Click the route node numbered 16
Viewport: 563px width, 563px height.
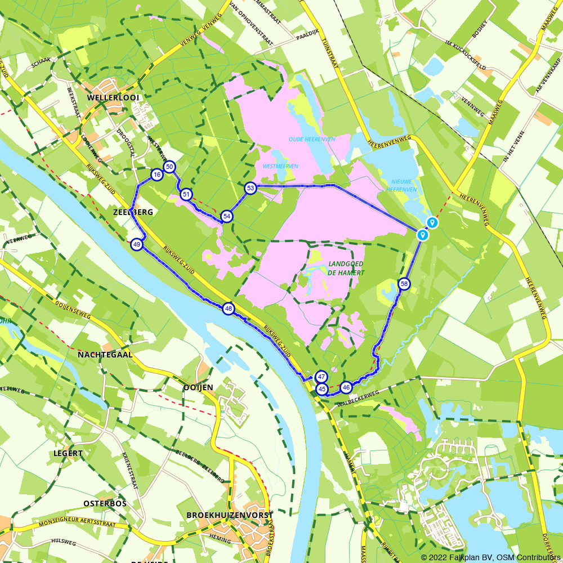coord(157,175)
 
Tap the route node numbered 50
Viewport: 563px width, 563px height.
coord(169,167)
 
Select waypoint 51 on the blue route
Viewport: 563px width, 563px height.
coord(186,195)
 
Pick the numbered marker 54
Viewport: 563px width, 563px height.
coord(227,216)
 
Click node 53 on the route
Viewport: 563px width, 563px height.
coord(251,188)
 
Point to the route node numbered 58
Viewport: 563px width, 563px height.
coord(404,284)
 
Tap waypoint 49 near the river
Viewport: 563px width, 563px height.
coord(136,244)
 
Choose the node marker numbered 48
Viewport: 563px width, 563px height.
coord(228,309)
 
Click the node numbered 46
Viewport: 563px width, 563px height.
coord(346,387)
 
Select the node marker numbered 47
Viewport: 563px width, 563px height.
coord(321,377)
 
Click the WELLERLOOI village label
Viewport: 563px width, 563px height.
coord(113,97)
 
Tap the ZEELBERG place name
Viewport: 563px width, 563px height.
coord(133,212)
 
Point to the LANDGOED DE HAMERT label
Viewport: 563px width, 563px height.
coord(346,269)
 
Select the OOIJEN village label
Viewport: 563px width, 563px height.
coord(198,387)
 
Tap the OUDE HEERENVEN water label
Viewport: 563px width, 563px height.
coord(304,139)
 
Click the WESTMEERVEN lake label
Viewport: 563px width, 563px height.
coord(280,166)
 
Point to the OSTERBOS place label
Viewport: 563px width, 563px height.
coord(105,503)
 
